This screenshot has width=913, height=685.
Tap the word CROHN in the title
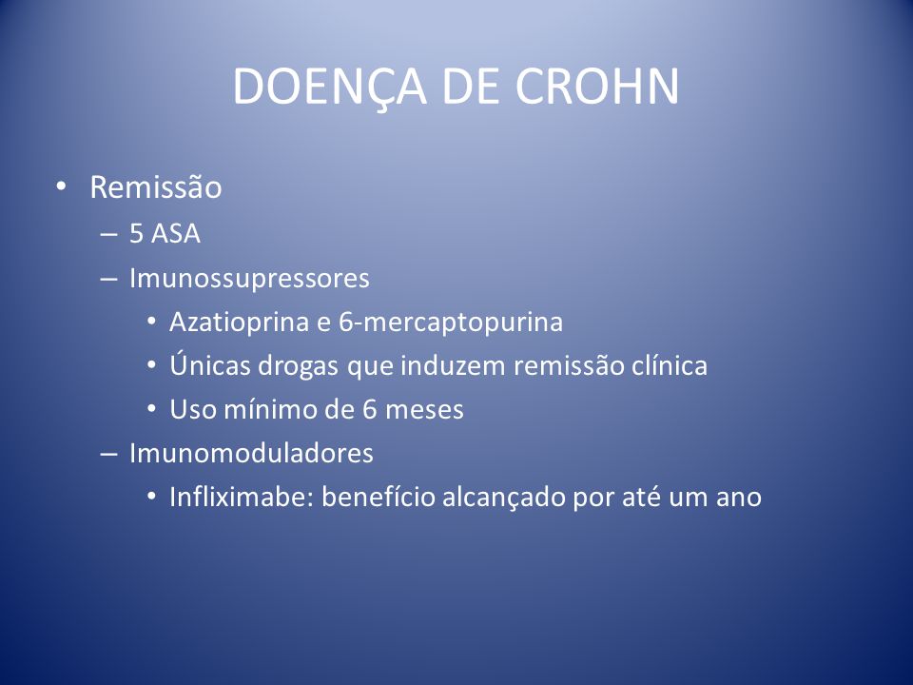(597, 87)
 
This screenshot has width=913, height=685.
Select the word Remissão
(155, 187)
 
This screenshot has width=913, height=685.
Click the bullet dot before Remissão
(61, 186)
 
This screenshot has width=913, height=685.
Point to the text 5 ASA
(165, 234)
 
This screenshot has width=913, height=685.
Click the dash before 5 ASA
(108, 234)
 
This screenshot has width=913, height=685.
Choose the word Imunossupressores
(249, 278)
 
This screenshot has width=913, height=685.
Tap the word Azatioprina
(239, 322)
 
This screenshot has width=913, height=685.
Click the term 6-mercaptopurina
(451, 322)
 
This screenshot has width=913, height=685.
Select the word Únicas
(209, 364)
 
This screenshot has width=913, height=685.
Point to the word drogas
(298, 365)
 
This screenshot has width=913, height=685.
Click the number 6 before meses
(370, 409)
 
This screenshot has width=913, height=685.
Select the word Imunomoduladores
(251, 453)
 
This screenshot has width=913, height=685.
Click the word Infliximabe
(242, 497)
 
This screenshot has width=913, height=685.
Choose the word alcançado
(504, 498)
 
